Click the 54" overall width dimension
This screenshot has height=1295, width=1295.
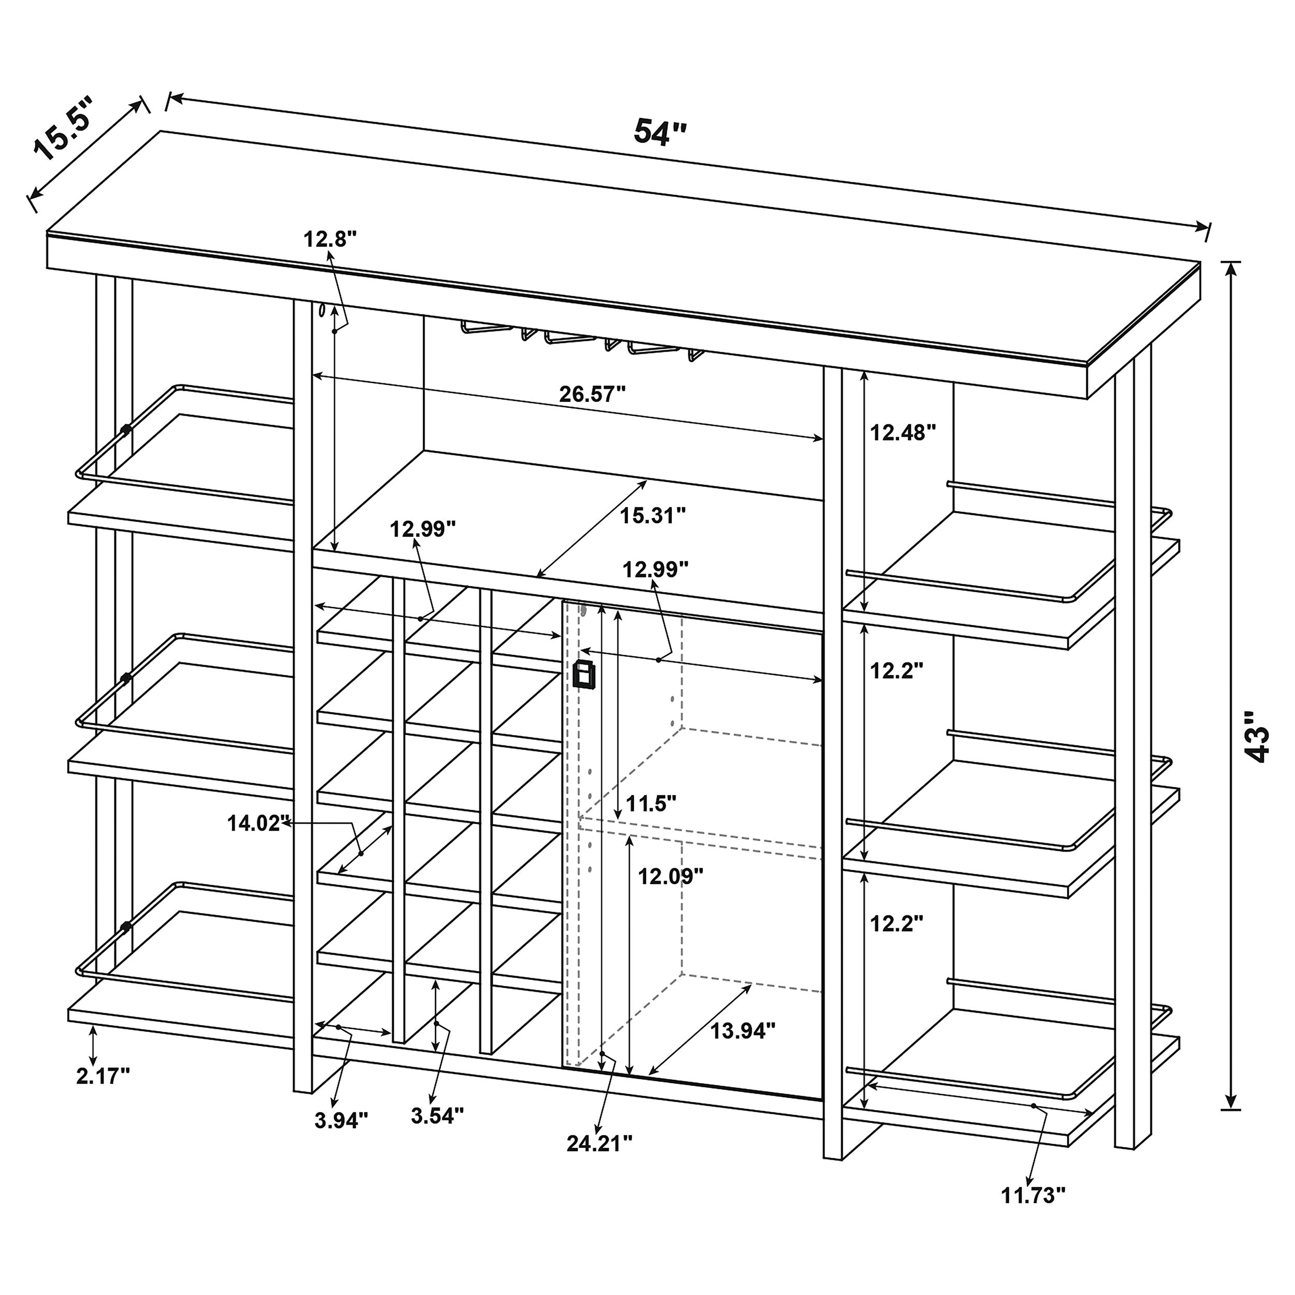[660, 132]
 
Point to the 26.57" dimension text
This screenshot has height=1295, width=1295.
[592, 394]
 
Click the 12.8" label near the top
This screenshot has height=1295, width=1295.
[330, 239]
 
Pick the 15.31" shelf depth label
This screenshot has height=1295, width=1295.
[652, 515]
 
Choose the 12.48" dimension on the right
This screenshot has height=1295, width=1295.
[902, 433]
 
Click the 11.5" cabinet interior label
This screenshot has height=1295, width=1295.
[651, 802]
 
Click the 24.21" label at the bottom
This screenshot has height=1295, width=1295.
[599, 1144]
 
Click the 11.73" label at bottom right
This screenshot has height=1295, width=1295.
[1033, 1195]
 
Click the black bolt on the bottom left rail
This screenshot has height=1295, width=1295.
[125, 928]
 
